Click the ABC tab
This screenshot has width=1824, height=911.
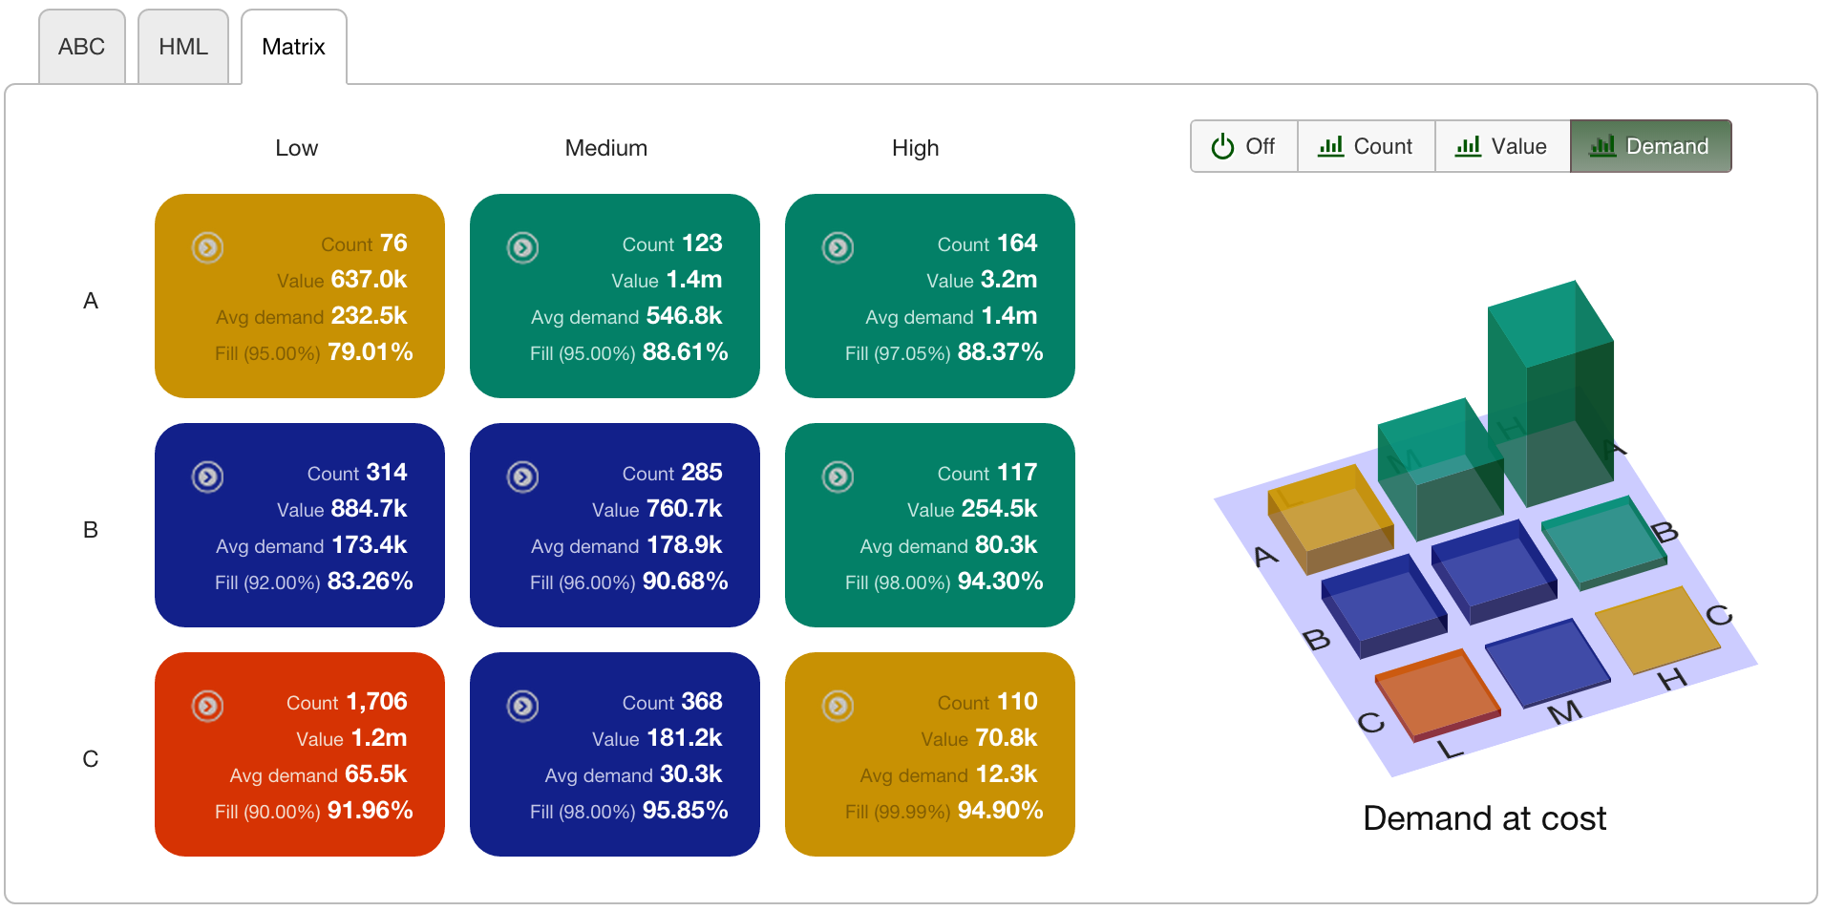coord(81,47)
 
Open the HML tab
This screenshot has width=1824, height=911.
coord(182,47)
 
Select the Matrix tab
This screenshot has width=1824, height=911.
coord(293,47)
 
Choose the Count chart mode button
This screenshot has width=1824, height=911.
coord(1366,146)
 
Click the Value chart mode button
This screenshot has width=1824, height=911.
coord(1501,146)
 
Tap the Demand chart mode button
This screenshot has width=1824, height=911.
coord(1650,146)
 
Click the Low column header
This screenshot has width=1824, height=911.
coord(296,148)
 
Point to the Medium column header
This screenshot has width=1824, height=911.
coord(605,148)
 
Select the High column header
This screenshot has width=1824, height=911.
coord(915,148)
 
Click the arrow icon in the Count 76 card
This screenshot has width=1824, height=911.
coord(207,247)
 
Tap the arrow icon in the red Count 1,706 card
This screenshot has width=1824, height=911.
coord(207,706)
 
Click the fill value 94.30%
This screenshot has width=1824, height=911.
coord(1000,581)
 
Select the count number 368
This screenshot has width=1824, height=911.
coord(701,701)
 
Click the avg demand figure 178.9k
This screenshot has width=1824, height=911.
coord(684,544)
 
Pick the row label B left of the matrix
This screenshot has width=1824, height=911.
coord(91,530)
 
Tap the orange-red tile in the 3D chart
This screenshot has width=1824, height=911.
coord(1435,692)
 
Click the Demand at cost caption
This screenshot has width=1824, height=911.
coord(1484,818)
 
